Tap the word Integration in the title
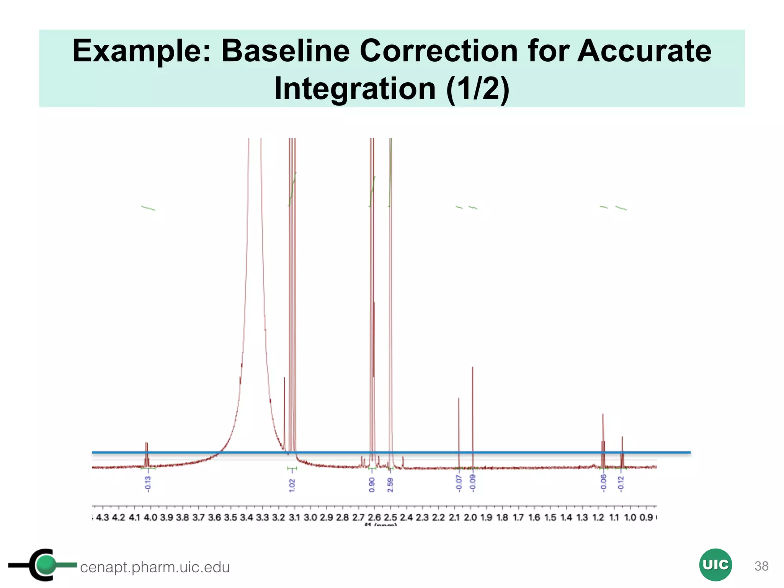pyautogui.click(x=355, y=88)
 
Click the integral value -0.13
pyautogui.click(x=148, y=484)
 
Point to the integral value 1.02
pyautogui.click(x=292, y=485)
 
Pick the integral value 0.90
pyautogui.click(x=372, y=485)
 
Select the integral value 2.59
pyautogui.click(x=390, y=485)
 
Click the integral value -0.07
pyautogui.click(x=459, y=483)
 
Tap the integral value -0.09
pyautogui.click(x=472, y=483)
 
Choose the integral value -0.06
pyautogui.click(x=603, y=483)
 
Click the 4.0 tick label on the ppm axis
pyautogui.click(x=150, y=518)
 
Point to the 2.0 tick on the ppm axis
pyautogui.click(x=470, y=518)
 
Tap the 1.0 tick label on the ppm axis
pyautogui.click(x=630, y=518)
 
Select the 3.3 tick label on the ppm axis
pyautogui.click(x=262, y=518)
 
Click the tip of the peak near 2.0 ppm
pyautogui.click(x=472, y=367)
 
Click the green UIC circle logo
pyautogui.click(x=715, y=565)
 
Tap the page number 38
pyautogui.click(x=761, y=566)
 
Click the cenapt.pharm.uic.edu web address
pyautogui.click(x=155, y=567)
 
